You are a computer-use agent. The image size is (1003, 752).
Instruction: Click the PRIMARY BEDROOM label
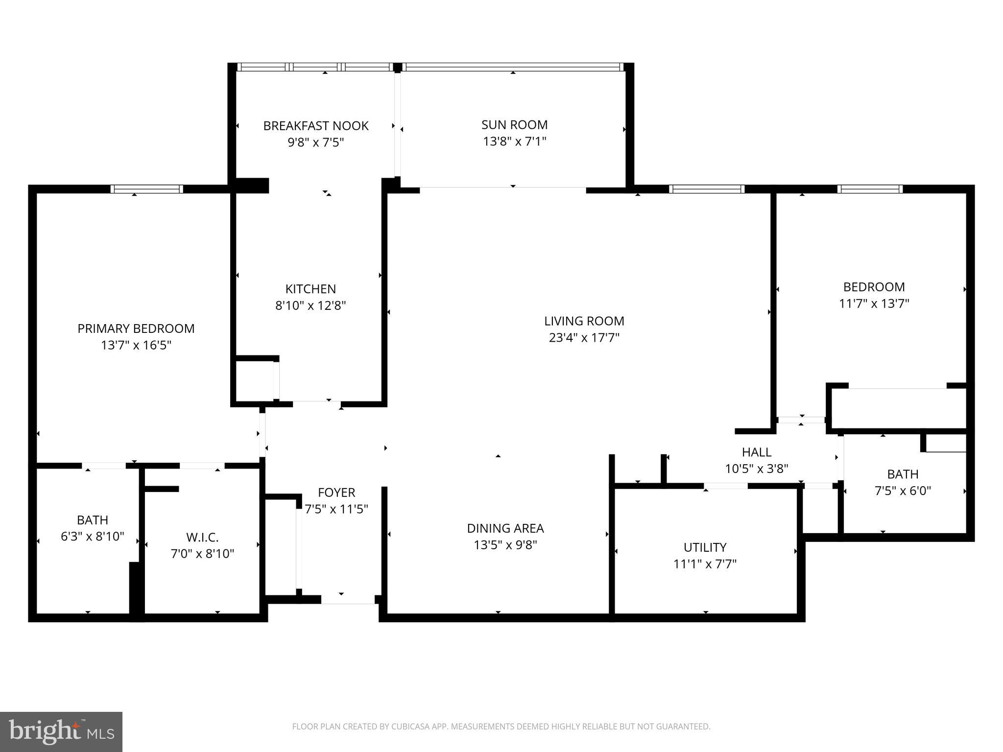136,329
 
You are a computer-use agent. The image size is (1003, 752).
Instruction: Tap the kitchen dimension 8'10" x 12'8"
310,305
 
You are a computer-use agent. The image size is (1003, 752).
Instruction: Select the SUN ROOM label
514,125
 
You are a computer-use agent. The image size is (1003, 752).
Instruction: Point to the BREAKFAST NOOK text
316,126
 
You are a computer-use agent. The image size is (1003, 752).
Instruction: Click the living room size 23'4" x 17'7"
584,338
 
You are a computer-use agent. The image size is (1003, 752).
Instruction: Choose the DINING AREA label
505,528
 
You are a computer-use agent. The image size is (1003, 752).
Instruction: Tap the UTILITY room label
705,547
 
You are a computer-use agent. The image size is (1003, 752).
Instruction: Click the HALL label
756,452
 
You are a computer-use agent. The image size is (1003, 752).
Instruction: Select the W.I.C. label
202,538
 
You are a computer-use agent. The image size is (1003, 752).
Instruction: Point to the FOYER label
336,493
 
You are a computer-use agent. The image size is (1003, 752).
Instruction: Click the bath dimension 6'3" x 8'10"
93,537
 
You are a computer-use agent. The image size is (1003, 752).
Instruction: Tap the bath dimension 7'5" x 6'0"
903,491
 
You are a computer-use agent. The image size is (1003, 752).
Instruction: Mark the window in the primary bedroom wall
146,189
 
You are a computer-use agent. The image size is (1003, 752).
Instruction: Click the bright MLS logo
61,732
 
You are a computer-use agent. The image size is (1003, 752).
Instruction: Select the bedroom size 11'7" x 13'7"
874,304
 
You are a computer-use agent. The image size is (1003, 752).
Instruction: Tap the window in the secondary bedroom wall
870,189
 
